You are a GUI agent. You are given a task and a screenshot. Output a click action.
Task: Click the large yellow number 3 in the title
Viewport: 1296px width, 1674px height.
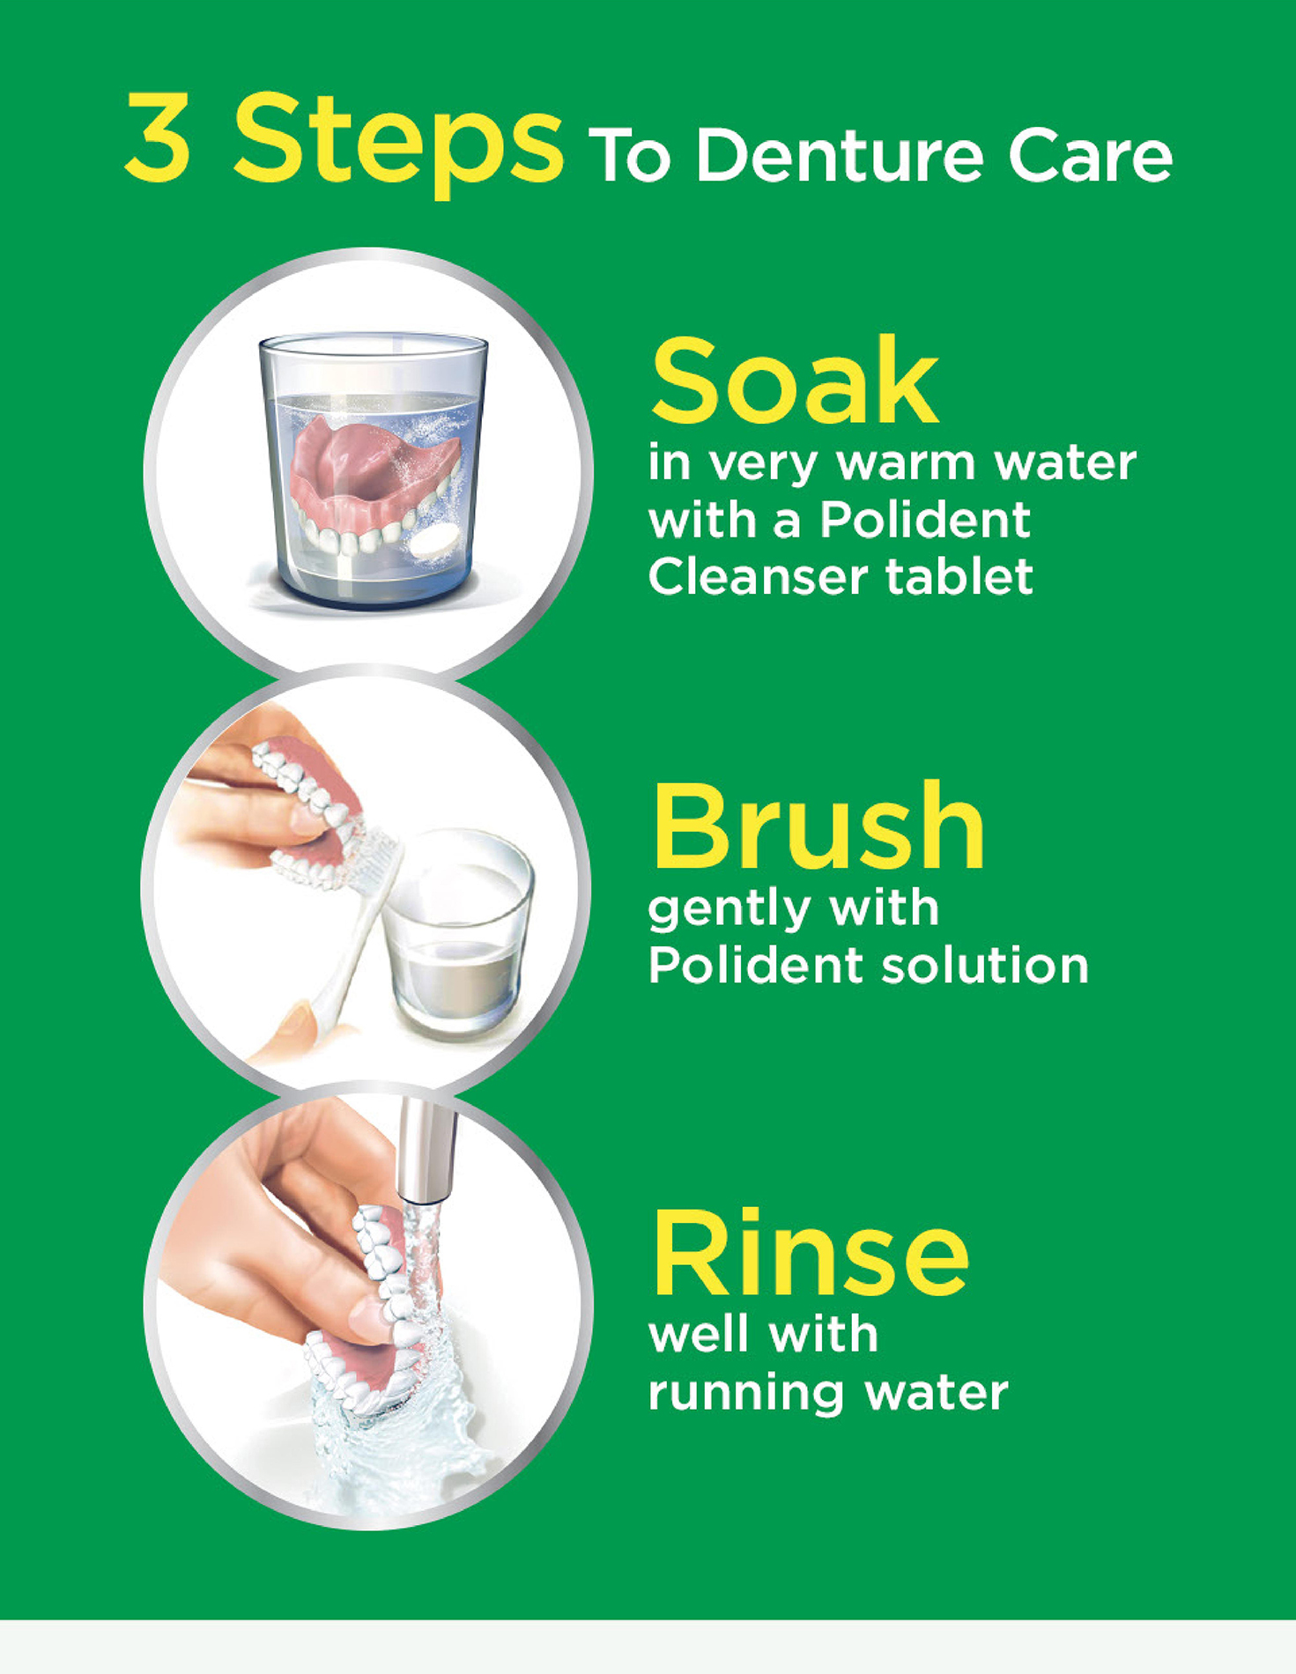[159, 138]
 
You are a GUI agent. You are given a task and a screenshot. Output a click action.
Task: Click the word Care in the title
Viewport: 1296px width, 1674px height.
[1090, 157]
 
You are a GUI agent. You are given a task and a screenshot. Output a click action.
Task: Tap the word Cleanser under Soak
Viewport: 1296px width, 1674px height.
[752, 577]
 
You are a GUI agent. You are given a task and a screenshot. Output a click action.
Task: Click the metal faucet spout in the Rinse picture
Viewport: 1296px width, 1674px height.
[420, 1150]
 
